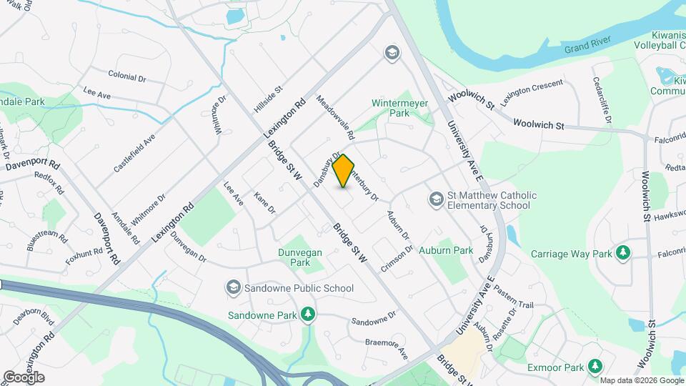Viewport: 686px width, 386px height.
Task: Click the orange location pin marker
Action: point(344,171)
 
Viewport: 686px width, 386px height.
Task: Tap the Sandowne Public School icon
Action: point(233,289)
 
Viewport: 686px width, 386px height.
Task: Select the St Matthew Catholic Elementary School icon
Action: point(435,198)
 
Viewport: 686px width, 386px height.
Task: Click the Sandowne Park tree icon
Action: point(308,315)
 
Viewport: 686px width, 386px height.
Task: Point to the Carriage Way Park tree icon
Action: point(624,253)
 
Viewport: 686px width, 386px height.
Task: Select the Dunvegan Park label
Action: point(300,257)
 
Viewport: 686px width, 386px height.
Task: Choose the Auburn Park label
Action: point(446,251)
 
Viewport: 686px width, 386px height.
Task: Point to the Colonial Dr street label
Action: point(127,74)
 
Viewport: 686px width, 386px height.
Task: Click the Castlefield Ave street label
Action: point(134,153)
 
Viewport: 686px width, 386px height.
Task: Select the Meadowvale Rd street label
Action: point(336,118)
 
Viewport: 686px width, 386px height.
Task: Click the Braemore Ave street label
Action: point(386,349)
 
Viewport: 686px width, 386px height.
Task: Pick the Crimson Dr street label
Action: point(397,260)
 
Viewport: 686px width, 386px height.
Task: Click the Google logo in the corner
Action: point(23,377)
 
